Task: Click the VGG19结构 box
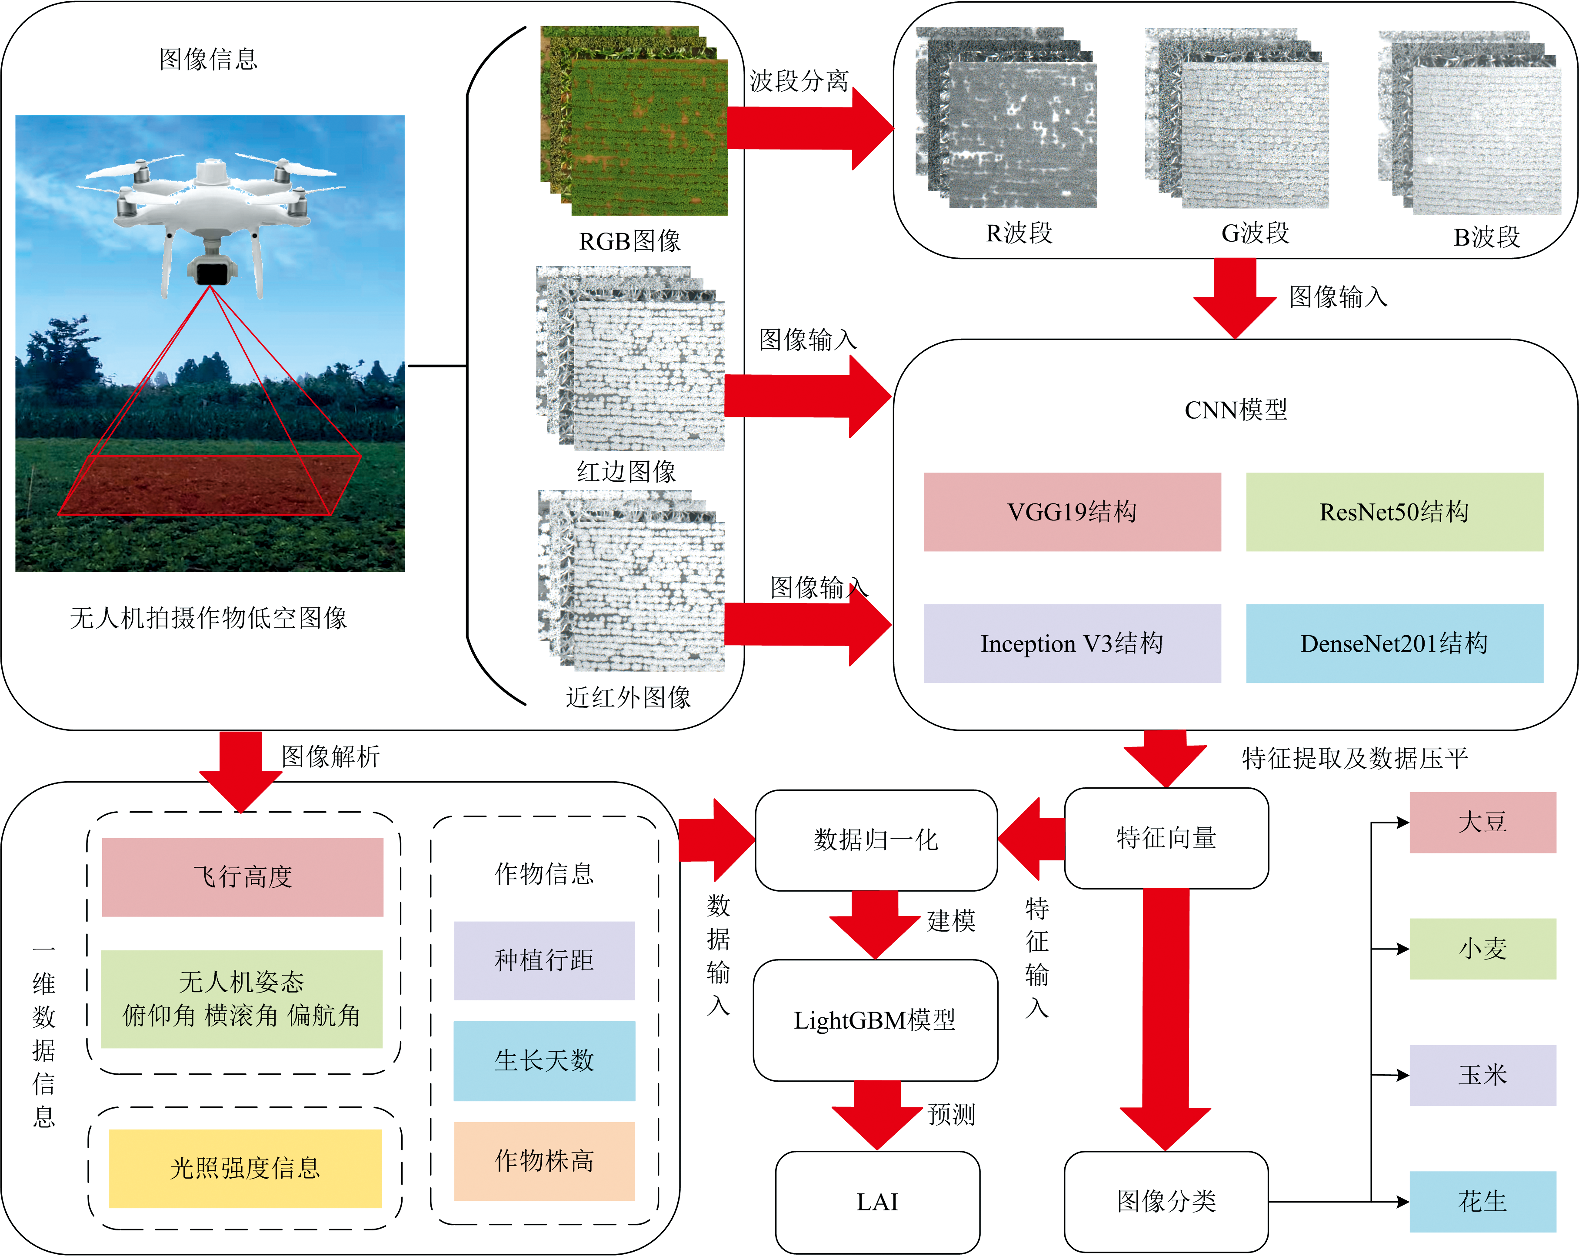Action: click(x=1072, y=511)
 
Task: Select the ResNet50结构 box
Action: click(x=1394, y=511)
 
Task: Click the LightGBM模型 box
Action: click(x=875, y=1020)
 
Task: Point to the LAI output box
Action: click(x=877, y=1202)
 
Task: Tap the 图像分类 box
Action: click(x=1166, y=1201)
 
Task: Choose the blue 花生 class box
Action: click(x=1482, y=1201)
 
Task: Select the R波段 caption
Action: click(x=1019, y=233)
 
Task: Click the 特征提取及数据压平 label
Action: click(x=1355, y=758)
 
